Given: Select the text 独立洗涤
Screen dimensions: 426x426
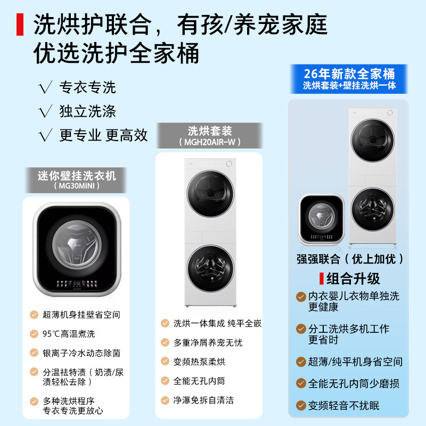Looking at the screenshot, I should (x=87, y=111).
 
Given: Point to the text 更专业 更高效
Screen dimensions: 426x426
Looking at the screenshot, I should (x=103, y=135).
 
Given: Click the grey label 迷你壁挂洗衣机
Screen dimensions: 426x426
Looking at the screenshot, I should (x=77, y=175).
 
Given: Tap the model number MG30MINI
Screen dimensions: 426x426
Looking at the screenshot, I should (x=77, y=186).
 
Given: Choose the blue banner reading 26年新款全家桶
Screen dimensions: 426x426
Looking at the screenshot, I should (x=349, y=73).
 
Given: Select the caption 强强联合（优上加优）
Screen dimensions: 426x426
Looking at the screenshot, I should (x=350, y=259).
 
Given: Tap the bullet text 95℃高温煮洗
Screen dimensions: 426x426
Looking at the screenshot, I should (x=69, y=334).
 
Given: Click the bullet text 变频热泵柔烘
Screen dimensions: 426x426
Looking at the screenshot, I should (x=199, y=362).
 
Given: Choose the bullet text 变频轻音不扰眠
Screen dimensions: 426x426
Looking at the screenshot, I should (x=344, y=406).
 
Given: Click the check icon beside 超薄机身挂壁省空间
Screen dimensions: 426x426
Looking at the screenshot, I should (x=34, y=315).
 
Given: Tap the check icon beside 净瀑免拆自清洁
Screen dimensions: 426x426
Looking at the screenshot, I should (x=165, y=400).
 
